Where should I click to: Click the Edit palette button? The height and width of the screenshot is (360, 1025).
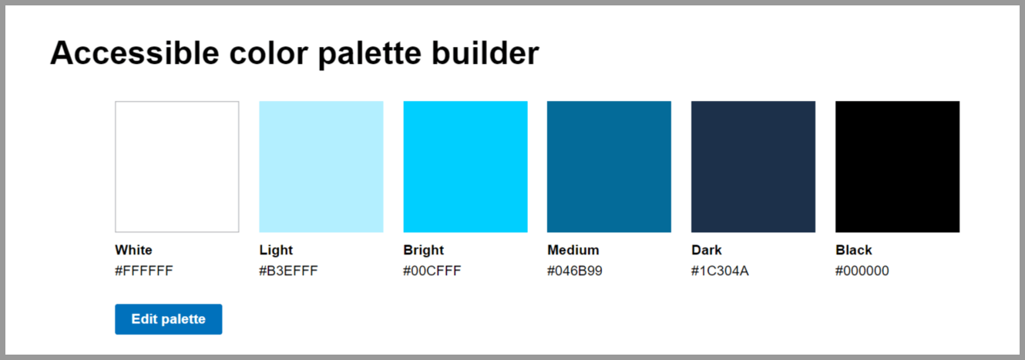click(x=168, y=319)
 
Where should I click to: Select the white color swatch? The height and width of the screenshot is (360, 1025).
click(x=176, y=167)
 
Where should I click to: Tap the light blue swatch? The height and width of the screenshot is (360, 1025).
click(x=321, y=167)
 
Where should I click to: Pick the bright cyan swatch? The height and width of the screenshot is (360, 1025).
click(x=465, y=167)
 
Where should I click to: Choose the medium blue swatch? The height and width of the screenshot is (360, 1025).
click(x=609, y=167)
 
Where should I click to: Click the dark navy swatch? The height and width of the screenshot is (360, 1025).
click(x=753, y=167)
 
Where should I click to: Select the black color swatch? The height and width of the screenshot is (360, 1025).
click(x=897, y=167)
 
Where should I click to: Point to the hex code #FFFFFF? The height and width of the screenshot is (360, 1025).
click(x=144, y=271)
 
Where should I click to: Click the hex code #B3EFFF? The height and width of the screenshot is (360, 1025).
click(x=288, y=271)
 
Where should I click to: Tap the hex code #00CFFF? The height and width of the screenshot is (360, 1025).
click(x=432, y=271)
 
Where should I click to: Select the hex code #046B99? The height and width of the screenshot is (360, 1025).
click(x=575, y=271)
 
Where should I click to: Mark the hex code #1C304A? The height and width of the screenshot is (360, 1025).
click(x=719, y=271)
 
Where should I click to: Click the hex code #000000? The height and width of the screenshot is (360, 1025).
click(x=862, y=271)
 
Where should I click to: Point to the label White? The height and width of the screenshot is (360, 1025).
click(x=133, y=250)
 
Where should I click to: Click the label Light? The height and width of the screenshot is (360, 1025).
click(x=276, y=250)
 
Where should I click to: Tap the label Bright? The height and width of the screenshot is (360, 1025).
click(x=423, y=250)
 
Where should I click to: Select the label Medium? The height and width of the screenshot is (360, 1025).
click(x=573, y=250)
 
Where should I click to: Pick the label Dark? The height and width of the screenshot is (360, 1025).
click(x=706, y=250)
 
